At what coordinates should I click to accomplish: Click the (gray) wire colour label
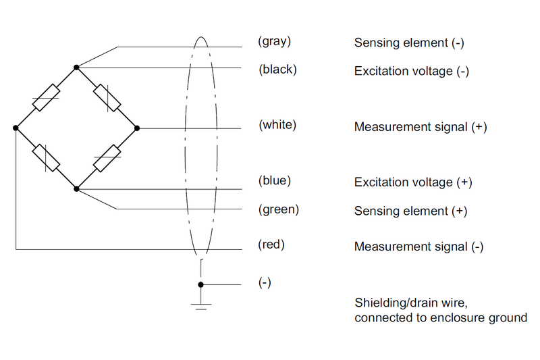274,41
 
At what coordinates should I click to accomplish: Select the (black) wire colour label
277,70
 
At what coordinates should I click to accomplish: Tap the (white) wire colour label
277,126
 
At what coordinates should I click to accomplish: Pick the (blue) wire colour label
275,181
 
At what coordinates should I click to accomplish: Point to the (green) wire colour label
278,209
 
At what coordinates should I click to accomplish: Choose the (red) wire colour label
271,245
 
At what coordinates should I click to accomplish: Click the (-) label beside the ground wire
265,283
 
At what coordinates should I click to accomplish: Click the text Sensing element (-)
409,43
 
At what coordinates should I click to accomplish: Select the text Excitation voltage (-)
411,71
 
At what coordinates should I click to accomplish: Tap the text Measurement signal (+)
421,127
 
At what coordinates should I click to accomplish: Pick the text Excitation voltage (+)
412,182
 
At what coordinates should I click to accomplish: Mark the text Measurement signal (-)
419,247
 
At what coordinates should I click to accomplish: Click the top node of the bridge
76,68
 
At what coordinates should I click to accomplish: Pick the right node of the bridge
136,128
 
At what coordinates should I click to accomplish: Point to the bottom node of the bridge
76,188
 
